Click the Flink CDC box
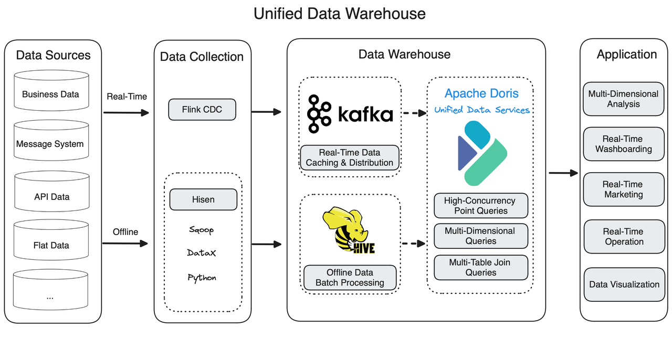coord(202,110)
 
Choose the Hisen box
coord(203,199)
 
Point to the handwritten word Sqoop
coord(202,230)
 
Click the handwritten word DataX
coord(202,253)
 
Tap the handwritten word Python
coord(202,278)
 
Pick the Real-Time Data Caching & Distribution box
coord(350,158)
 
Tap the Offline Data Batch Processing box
coord(350,278)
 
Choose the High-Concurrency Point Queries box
coord(481,206)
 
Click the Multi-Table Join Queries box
coord(481,267)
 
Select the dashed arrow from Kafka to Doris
coord(413,112)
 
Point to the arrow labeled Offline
coord(126,243)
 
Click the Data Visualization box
coord(624,284)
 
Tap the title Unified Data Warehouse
coord(340,13)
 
